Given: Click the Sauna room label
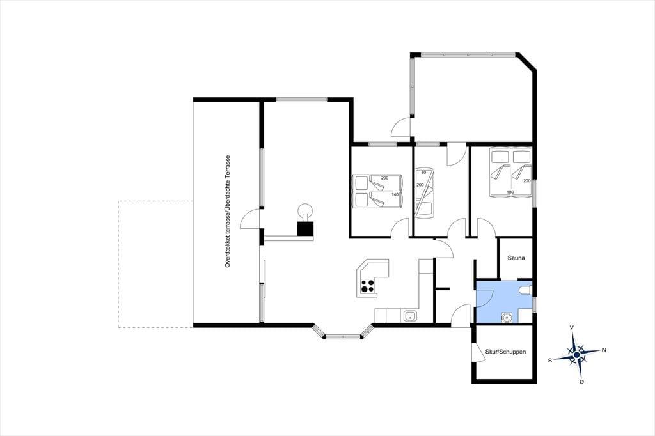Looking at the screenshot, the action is coord(516,258).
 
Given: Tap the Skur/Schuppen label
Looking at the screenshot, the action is coord(505,352).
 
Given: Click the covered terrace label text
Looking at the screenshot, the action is coord(228,212).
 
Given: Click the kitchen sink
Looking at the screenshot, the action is coord(410,316).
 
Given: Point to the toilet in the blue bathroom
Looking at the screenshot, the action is coord(525,290).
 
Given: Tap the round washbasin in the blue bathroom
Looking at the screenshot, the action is coord(507,317).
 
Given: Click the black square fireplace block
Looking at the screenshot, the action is coord(305,229).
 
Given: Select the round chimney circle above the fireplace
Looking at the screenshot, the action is coord(305,210).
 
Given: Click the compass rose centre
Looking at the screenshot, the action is coord(576,355).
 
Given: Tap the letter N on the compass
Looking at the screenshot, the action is coord(604,350).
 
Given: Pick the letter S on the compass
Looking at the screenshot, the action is coord(551,359).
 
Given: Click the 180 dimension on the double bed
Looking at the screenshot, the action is coord(510,192).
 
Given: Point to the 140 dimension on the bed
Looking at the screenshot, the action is coord(395,194).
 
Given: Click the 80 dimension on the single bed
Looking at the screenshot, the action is coord(423,172).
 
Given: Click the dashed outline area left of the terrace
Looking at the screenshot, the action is coord(155,264).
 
